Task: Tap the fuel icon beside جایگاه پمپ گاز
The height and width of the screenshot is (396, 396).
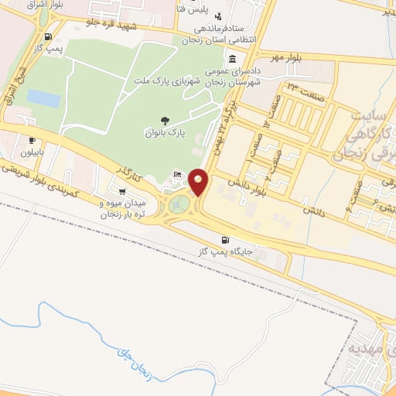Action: [x=226, y=240]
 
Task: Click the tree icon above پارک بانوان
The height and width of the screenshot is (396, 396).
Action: [x=166, y=120]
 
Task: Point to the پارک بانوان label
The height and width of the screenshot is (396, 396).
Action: [x=166, y=133]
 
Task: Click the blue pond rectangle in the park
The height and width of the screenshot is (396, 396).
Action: [x=43, y=98]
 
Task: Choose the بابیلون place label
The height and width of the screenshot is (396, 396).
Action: [x=32, y=152]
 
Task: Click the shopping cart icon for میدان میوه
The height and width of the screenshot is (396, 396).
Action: [x=122, y=190]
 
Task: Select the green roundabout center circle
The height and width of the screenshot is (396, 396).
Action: [x=181, y=204]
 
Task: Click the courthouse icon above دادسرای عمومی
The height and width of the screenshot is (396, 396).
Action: [x=233, y=59]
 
